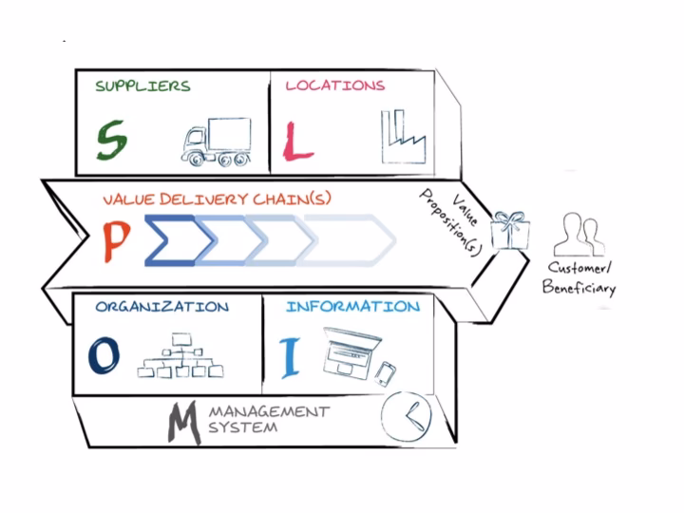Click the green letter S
(x=111, y=142)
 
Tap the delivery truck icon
(x=216, y=142)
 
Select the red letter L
(x=298, y=142)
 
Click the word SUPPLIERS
(x=142, y=85)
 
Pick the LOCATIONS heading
(x=335, y=85)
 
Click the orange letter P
(x=115, y=241)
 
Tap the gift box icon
(x=510, y=231)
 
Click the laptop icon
(x=347, y=351)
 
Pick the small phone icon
(x=384, y=373)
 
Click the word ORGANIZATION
(x=161, y=308)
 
